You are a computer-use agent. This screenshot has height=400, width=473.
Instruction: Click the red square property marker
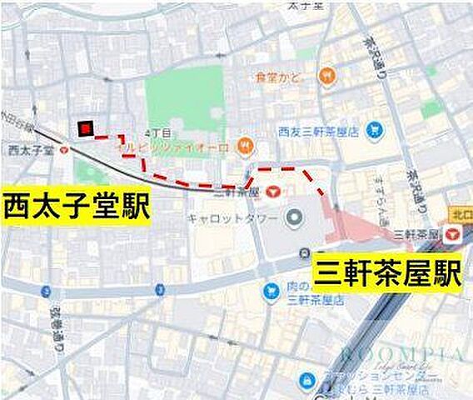click(84, 127)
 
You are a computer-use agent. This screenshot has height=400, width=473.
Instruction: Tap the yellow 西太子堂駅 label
click(76, 206)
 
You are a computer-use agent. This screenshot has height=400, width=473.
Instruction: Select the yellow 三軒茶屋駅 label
click(387, 272)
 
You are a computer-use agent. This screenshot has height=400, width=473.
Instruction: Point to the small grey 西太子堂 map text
click(30, 151)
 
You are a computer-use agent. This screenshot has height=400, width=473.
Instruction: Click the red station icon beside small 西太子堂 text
click(65, 151)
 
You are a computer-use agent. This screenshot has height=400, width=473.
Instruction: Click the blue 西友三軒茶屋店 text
click(317, 131)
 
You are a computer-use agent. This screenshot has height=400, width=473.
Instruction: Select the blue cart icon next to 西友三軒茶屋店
click(376, 130)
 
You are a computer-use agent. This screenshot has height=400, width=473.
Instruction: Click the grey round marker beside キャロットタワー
click(293, 220)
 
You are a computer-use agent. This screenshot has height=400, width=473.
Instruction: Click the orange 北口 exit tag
click(461, 214)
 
